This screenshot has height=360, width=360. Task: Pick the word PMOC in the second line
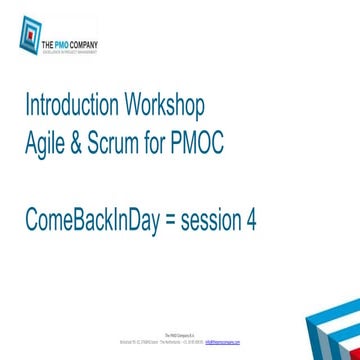pyautogui.click(x=199, y=144)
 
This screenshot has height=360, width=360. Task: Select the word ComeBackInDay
pyautogui.click(x=92, y=222)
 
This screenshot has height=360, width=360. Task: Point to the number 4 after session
pyautogui.click(x=251, y=222)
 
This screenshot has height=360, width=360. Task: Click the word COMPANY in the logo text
pyautogui.click(x=85, y=43)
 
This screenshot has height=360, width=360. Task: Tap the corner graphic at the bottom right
pyautogui.click(x=333, y=331)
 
